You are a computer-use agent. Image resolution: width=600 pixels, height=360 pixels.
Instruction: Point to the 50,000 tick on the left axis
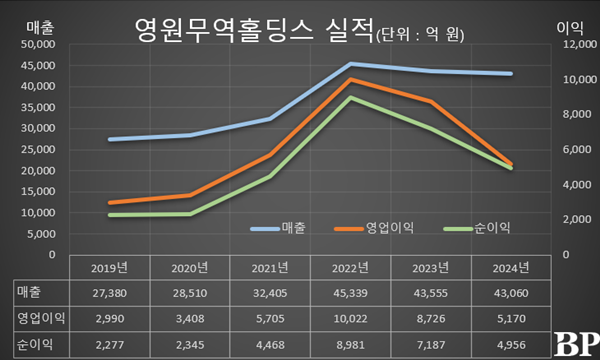36,44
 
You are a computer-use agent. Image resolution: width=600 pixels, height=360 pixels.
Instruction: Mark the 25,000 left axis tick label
36,149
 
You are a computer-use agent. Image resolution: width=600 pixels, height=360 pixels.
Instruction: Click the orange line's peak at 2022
350,79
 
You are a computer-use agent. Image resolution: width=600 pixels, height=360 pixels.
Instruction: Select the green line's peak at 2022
350,97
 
